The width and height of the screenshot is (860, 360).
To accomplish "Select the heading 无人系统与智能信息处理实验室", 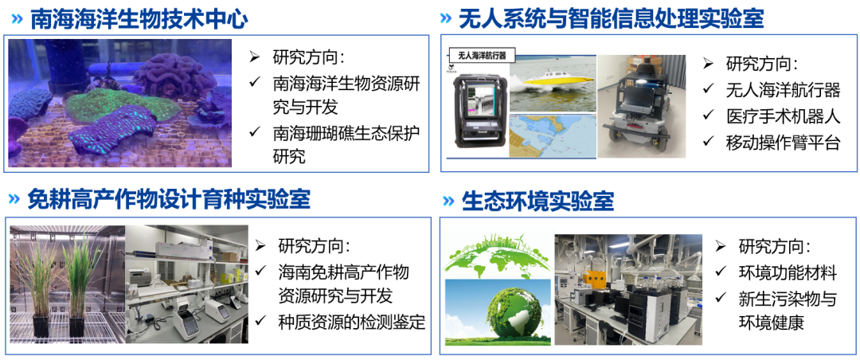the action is (x=611, y=20).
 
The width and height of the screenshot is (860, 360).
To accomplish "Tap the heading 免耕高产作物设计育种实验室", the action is (x=169, y=200).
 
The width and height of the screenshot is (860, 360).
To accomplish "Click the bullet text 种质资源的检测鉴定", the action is (x=352, y=322).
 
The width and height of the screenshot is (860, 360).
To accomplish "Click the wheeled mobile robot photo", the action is (x=641, y=106).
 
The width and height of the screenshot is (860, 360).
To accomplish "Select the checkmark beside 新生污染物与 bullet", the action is (x=721, y=299).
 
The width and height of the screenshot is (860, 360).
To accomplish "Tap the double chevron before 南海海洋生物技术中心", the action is (x=18, y=20).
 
